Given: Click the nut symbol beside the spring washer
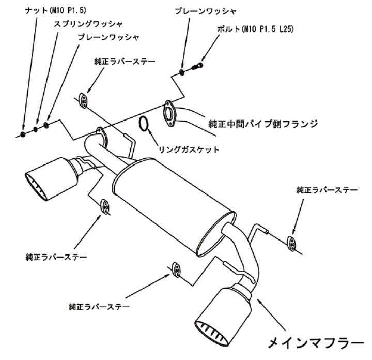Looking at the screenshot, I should (24, 134).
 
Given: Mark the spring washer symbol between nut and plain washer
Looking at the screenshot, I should (36, 130).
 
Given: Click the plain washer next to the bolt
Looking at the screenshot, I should (181, 71).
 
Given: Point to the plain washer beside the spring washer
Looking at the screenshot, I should (47, 125).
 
